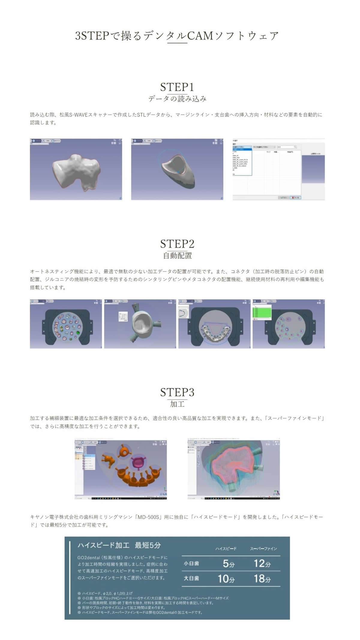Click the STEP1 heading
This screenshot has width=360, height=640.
point(177,87)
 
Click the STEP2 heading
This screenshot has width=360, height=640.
point(177,244)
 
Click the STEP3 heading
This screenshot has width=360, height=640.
point(177,392)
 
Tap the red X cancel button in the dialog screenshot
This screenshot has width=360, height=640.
point(295,197)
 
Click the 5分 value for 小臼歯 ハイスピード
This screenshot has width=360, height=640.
point(228,563)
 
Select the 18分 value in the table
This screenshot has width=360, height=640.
point(262,578)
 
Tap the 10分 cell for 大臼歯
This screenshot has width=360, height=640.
point(226,578)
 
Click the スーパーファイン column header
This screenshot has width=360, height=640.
point(263,548)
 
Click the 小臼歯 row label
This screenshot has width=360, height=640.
point(191,563)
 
